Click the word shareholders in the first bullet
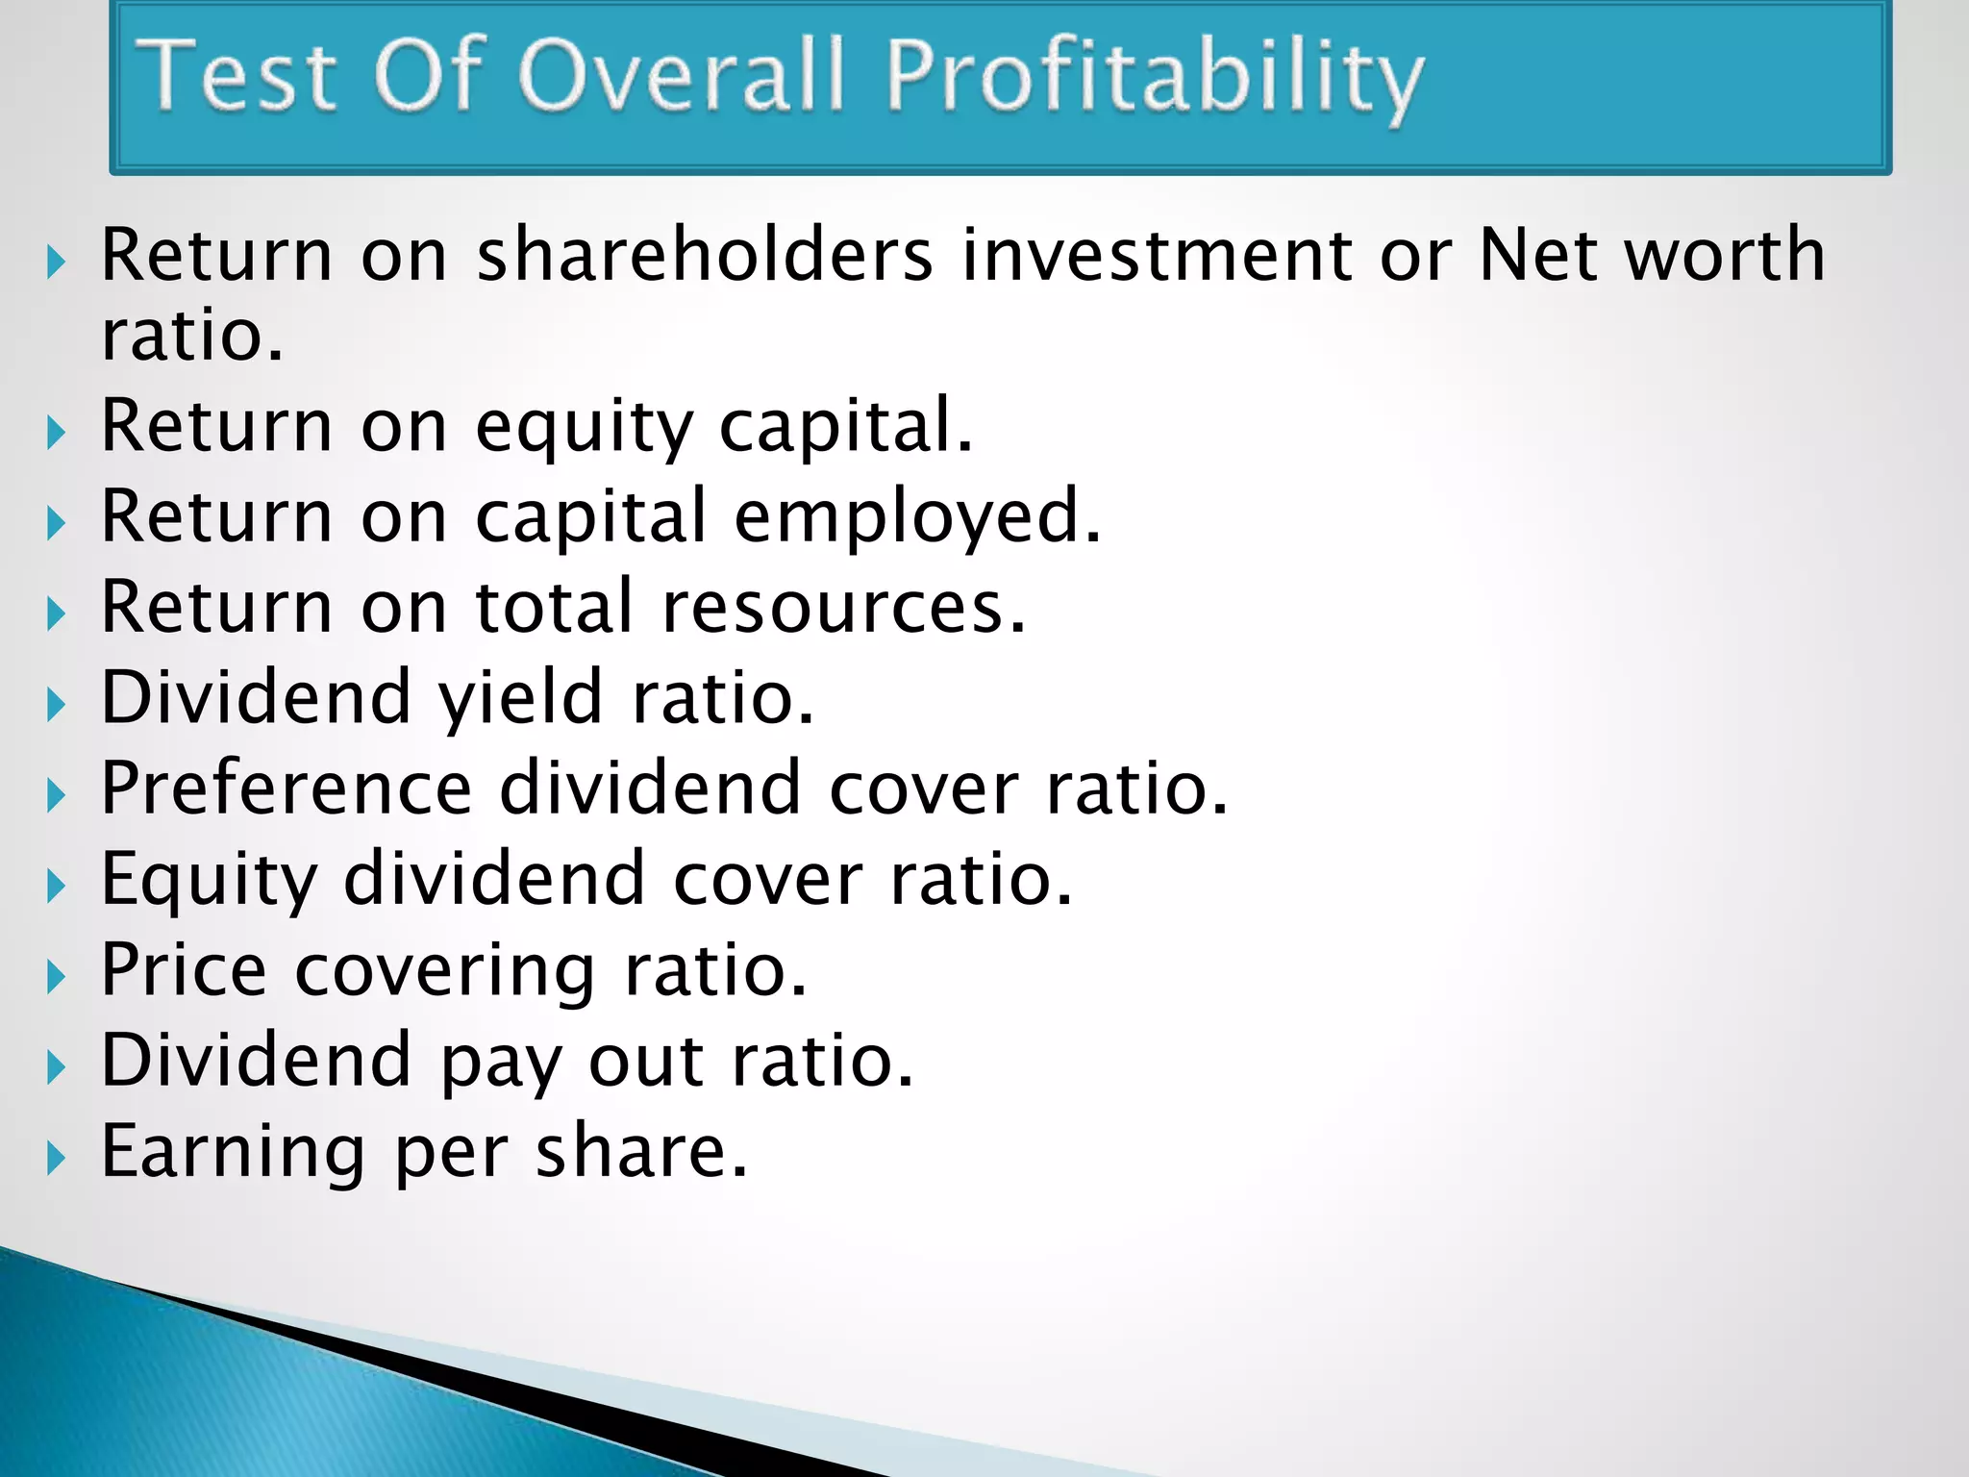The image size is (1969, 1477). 705,255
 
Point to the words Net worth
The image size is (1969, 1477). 1651,255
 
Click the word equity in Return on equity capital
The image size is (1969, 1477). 584,426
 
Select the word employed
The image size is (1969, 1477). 916,517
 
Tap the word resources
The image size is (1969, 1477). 843,608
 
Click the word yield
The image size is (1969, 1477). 520,698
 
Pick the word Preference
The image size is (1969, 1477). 287,789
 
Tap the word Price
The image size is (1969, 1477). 183,970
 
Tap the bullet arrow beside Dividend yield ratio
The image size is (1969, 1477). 56,705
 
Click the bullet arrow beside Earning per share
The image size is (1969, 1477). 56,1159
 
